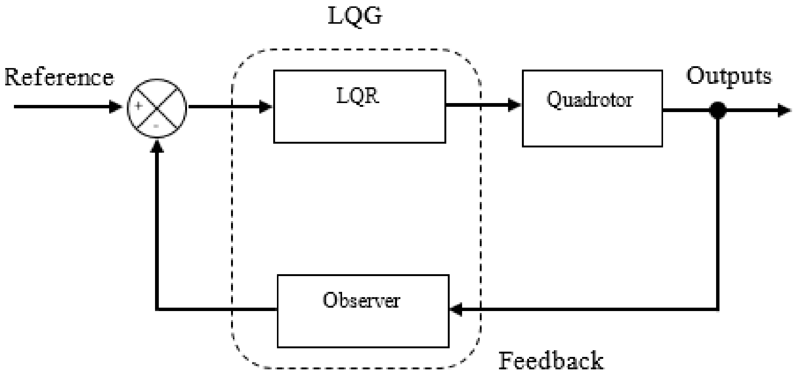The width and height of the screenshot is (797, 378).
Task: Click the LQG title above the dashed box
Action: click(x=355, y=16)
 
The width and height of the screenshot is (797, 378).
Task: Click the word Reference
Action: click(x=59, y=77)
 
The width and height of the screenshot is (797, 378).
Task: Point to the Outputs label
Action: click(x=729, y=76)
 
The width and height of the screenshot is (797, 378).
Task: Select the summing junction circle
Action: click(x=157, y=108)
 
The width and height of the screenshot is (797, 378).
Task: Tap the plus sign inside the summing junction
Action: click(x=138, y=106)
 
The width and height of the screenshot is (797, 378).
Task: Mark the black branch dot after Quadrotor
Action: click(x=717, y=111)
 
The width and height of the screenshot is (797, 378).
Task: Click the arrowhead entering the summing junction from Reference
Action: click(x=116, y=107)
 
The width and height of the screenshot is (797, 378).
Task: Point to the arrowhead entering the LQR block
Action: click(x=266, y=107)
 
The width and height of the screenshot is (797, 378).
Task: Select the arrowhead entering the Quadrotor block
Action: click(x=514, y=105)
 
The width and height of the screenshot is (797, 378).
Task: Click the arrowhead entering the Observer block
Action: click(x=456, y=310)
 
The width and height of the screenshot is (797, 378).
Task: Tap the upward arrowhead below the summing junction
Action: click(x=157, y=145)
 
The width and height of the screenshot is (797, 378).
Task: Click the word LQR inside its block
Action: click(x=357, y=96)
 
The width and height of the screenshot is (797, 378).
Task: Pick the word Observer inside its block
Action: click(x=361, y=301)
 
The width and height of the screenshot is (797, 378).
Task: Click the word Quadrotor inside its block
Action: click(x=590, y=100)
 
